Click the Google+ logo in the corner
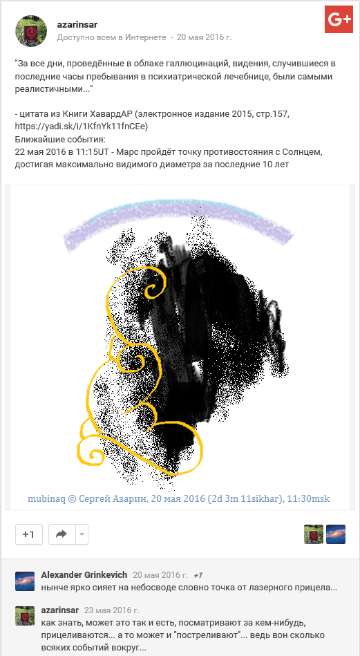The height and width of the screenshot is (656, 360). [339, 19]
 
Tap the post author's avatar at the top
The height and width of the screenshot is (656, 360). [31, 31]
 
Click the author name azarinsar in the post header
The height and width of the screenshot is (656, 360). [77, 25]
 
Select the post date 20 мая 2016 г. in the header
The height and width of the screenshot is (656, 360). [204, 37]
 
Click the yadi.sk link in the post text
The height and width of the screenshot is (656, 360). [81, 126]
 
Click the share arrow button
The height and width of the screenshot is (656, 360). [62, 534]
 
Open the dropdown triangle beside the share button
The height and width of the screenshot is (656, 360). [82, 534]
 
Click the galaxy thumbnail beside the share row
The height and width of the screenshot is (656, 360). [336, 534]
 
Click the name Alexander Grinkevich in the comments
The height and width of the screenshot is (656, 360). [84, 575]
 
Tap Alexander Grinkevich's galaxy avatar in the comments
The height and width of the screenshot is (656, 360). [25, 581]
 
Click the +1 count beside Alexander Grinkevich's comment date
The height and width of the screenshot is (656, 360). [198, 575]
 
